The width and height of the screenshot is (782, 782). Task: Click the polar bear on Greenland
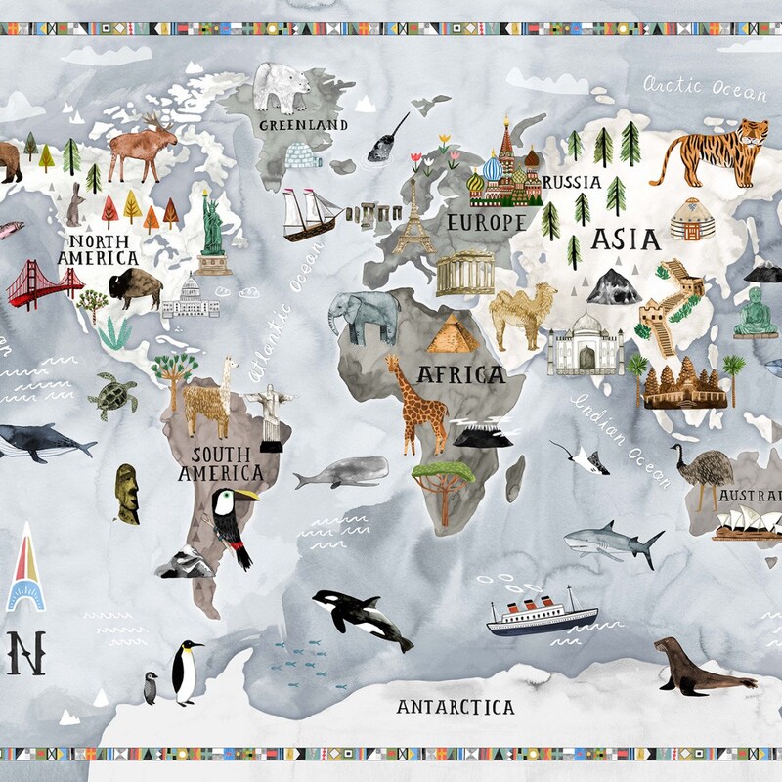click(x=282, y=87)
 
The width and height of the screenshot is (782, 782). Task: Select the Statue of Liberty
click(x=212, y=230)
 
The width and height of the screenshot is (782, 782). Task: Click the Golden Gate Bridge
click(x=44, y=283)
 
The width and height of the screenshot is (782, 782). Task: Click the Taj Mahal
click(x=585, y=344)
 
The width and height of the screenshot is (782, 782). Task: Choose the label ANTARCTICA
click(x=456, y=707)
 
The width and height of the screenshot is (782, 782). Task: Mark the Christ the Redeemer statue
click(x=269, y=415)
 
